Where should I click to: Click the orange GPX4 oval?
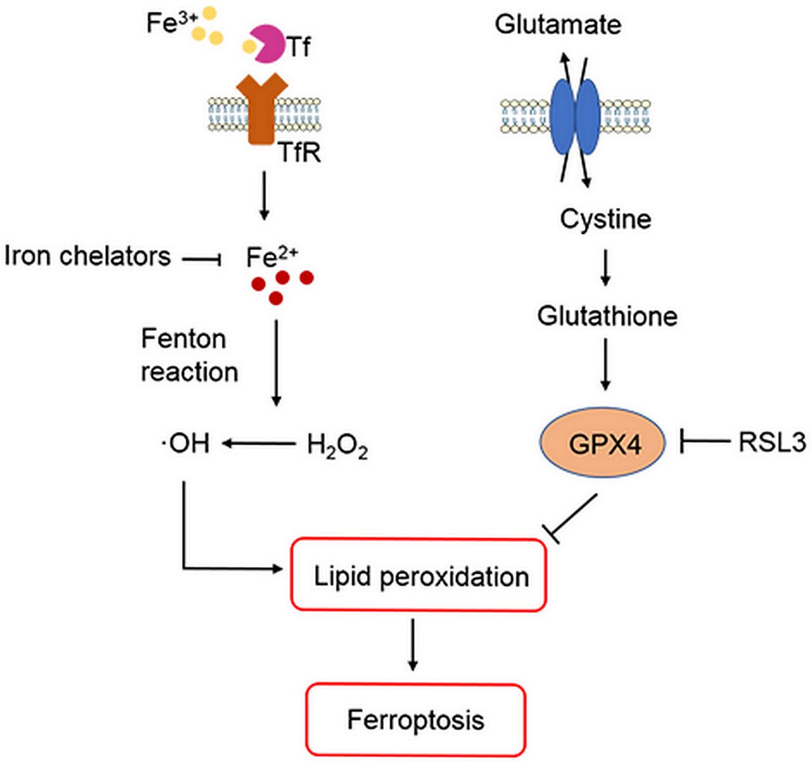(603, 443)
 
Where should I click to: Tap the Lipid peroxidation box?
(419, 576)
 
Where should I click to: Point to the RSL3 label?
(771, 442)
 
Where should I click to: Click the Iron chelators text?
(88, 256)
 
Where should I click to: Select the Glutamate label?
(558, 25)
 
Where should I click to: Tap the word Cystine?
(605, 219)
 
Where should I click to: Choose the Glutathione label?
(607, 315)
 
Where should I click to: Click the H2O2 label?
(337, 445)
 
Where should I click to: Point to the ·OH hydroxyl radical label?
(185, 443)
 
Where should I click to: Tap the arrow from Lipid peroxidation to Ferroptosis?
(413, 644)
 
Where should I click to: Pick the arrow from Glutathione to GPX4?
(605, 364)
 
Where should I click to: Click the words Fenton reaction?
(189, 355)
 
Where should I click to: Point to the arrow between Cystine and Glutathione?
(605, 267)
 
